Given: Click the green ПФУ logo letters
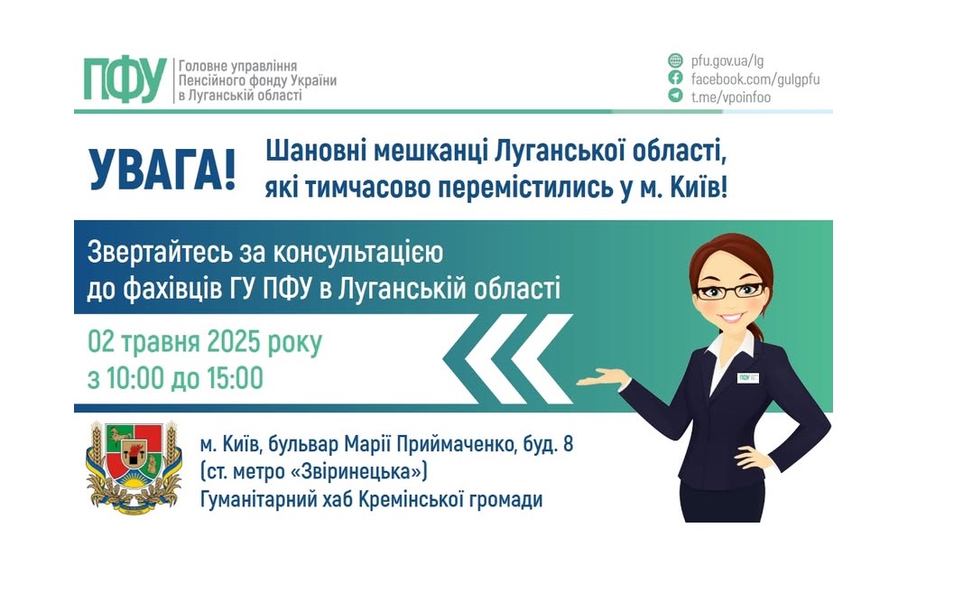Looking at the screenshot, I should [x=125, y=79].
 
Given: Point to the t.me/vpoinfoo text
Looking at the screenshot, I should [x=731, y=97].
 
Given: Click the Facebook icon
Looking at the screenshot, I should [x=675, y=79].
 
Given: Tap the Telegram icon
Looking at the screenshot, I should [x=675, y=96].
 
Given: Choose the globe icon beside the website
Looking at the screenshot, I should [x=675, y=60].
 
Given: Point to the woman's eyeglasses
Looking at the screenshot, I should [x=731, y=291].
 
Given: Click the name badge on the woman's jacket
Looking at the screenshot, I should [x=747, y=377].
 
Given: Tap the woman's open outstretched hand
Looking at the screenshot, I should [x=600, y=378].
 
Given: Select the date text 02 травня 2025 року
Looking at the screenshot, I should [x=204, y=343].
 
